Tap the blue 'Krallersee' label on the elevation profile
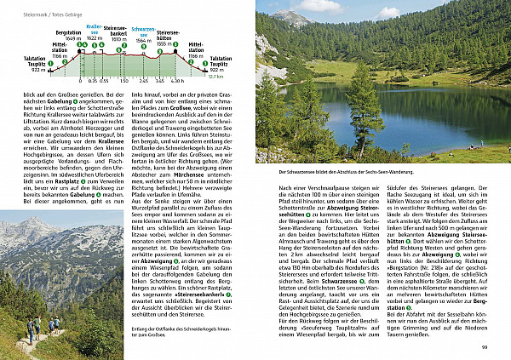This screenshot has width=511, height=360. pyautogui.click(x=95, y=30)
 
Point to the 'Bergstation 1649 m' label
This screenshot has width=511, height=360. pyautogui.click(x=68, y=37)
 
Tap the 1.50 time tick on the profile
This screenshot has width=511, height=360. pyautogui.click(x=123, y=82)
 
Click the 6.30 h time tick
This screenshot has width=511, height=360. pyautogui.click(x=177, y=82)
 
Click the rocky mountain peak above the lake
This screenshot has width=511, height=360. pyautogui.click(x=291, y=17)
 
